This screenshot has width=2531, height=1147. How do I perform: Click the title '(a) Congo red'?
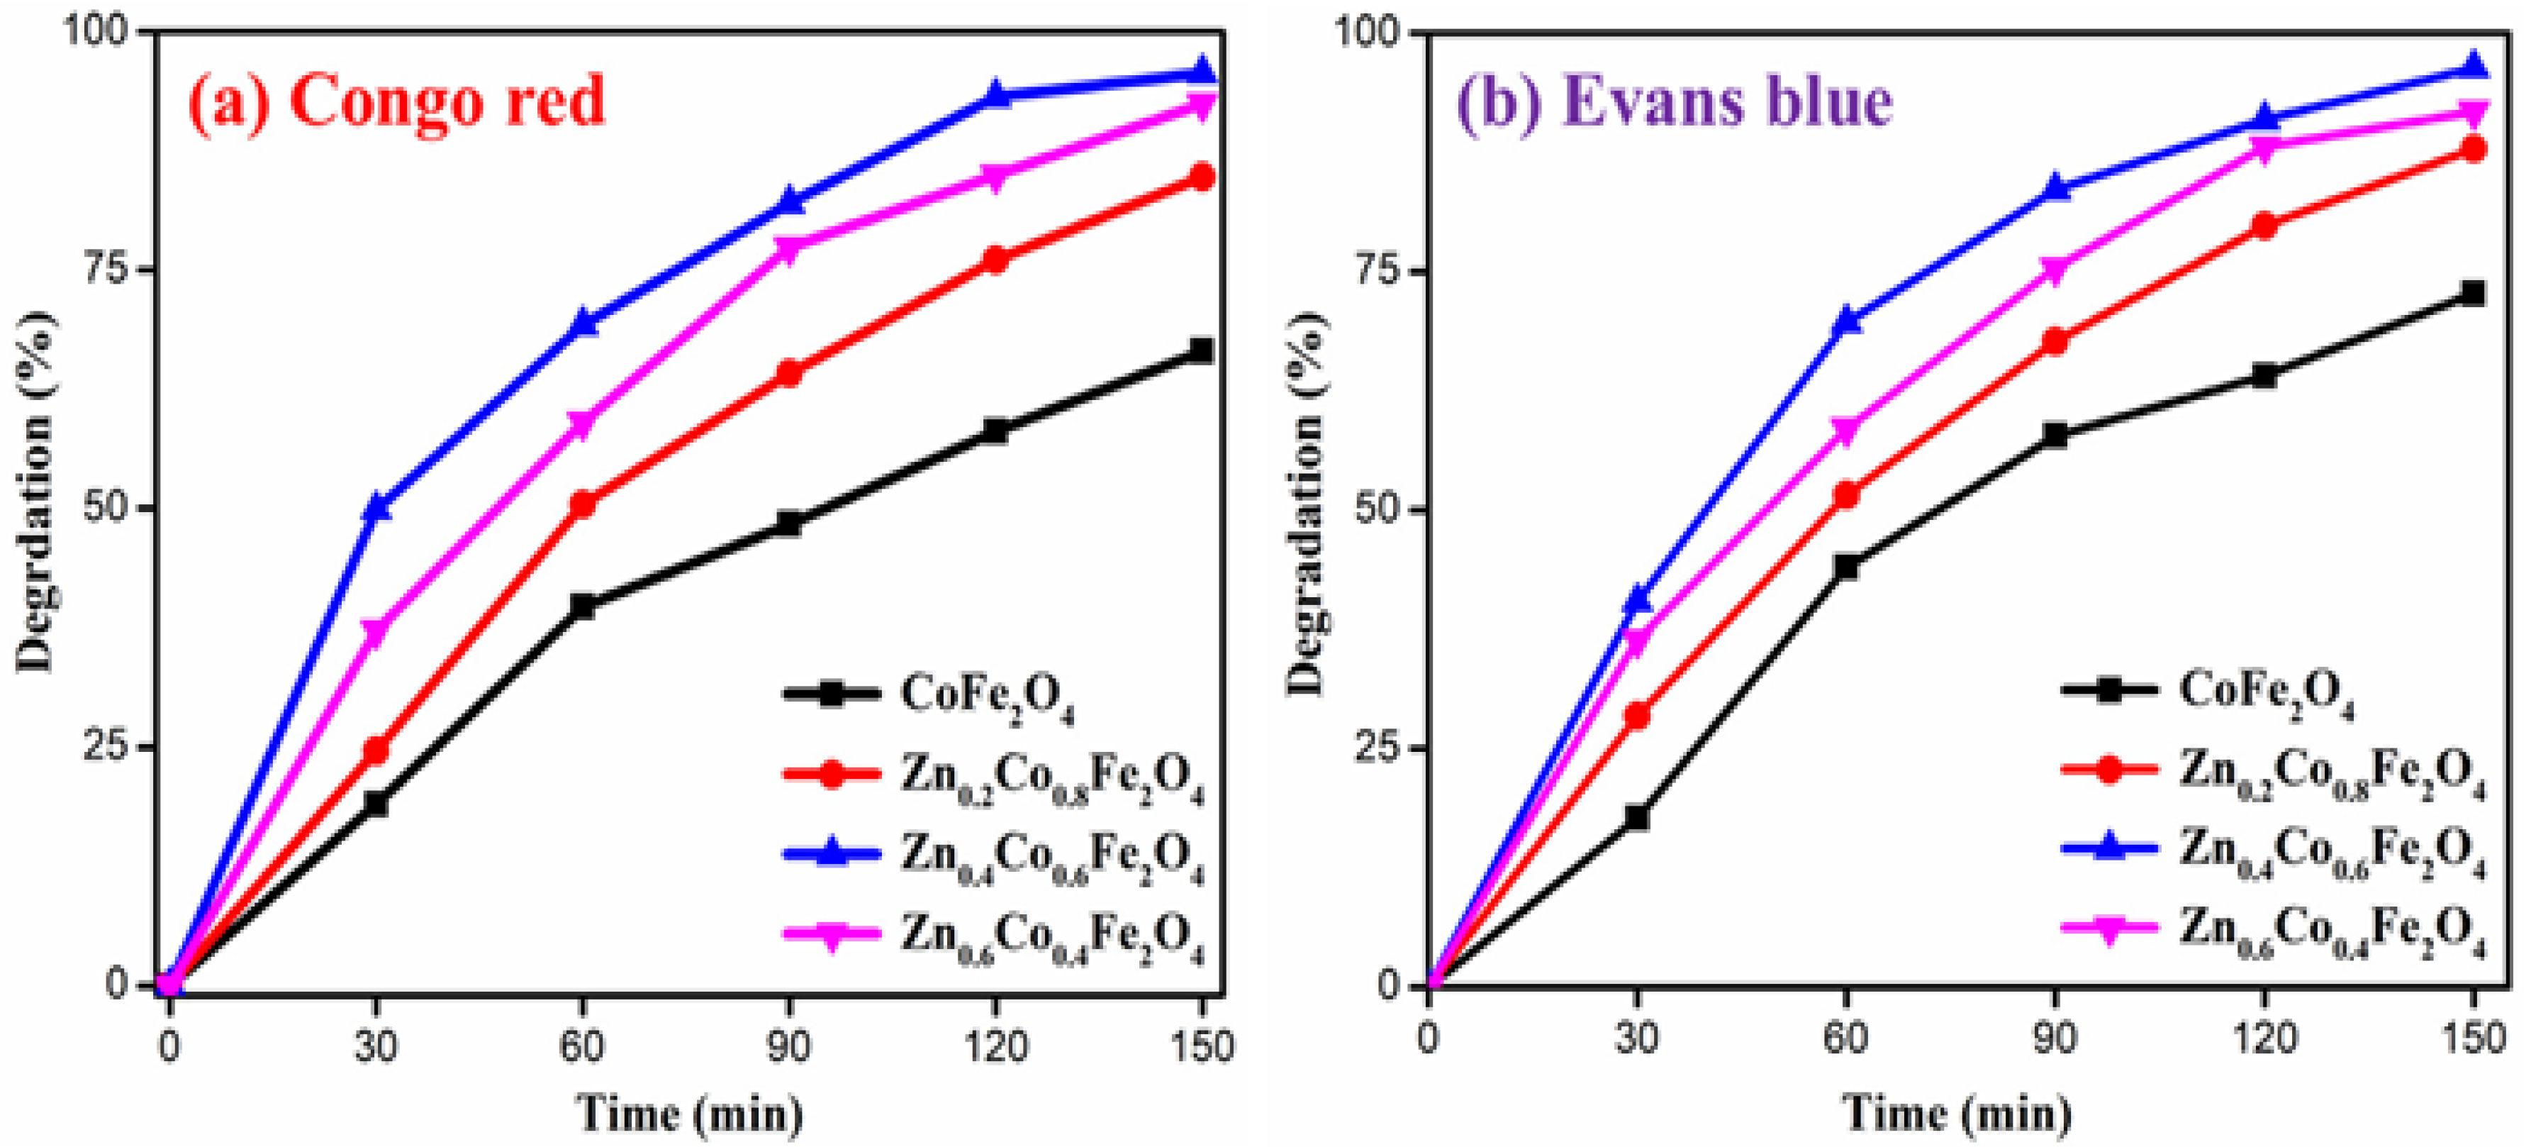[x=397, y=102]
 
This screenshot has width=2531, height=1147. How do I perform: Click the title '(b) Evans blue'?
[x=1673, y=102]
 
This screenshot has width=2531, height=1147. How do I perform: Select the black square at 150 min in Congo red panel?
[x=1201, y=351]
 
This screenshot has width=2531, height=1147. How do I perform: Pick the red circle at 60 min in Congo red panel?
[x=581, y=504]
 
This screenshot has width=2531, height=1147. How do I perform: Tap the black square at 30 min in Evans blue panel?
[x=1636, y=816]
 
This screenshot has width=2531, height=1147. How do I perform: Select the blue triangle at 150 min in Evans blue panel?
[x=2473, y=67]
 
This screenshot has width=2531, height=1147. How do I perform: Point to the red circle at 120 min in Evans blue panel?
[x=2264, y=225]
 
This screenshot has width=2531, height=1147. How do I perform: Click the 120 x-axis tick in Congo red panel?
[x=994, y=1045]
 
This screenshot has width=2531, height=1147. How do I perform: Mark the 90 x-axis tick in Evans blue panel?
[x=2053, y=1038]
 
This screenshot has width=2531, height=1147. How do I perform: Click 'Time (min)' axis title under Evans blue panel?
[x=1955, y=1114]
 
